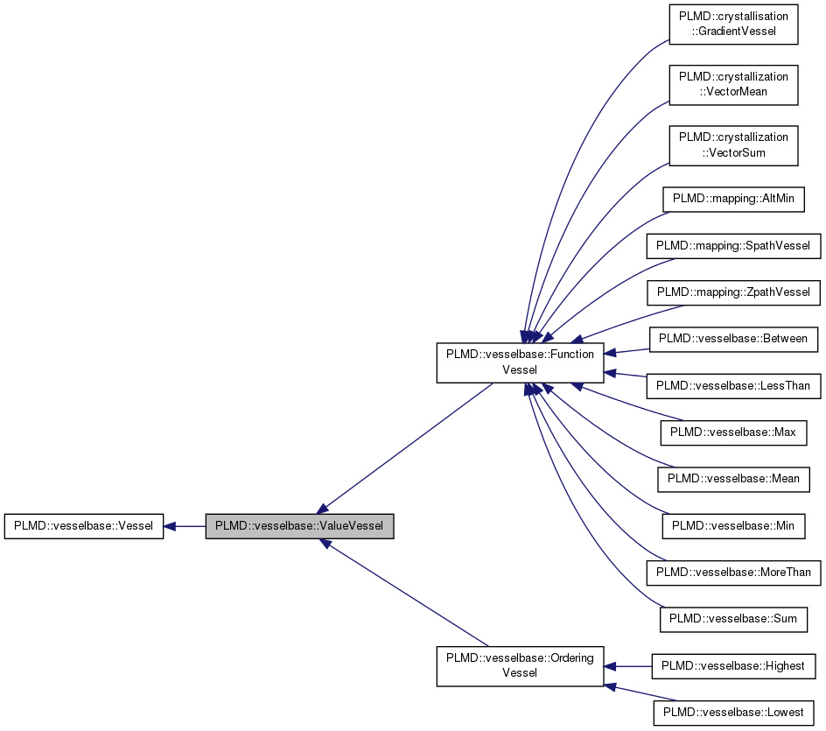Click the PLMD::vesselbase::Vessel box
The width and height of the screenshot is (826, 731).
(83, 526)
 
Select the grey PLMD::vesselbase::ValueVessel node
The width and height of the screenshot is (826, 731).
(299, 526)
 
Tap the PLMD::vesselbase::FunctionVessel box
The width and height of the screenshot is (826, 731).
(520, 362)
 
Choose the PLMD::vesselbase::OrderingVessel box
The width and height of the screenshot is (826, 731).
(520, 665)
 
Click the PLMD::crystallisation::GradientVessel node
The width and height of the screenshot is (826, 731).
(733, 25)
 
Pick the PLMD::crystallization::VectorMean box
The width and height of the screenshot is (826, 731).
(733, 84)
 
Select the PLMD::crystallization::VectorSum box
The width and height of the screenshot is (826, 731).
(733, 144)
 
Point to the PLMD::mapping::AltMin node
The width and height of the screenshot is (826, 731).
(733, 199)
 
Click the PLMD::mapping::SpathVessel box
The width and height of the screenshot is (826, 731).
(733, 245)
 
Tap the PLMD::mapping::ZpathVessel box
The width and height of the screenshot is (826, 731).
(733, 292)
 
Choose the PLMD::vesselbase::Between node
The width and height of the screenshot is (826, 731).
(733, 338)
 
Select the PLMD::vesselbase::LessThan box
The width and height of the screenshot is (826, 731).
(733, 385)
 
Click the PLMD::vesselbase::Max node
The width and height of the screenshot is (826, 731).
(733, 432)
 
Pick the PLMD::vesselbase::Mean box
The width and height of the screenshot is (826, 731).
(733, 479)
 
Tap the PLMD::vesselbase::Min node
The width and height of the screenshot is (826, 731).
(733, 525)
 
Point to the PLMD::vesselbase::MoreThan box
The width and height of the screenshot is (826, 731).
(733, 573)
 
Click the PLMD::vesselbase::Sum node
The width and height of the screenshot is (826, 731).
(733, 619)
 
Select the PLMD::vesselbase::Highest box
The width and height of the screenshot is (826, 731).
(733, 665)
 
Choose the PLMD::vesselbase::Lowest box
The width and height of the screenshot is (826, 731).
(733, 713)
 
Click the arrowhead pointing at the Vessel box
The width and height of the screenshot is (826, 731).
(171, 526)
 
